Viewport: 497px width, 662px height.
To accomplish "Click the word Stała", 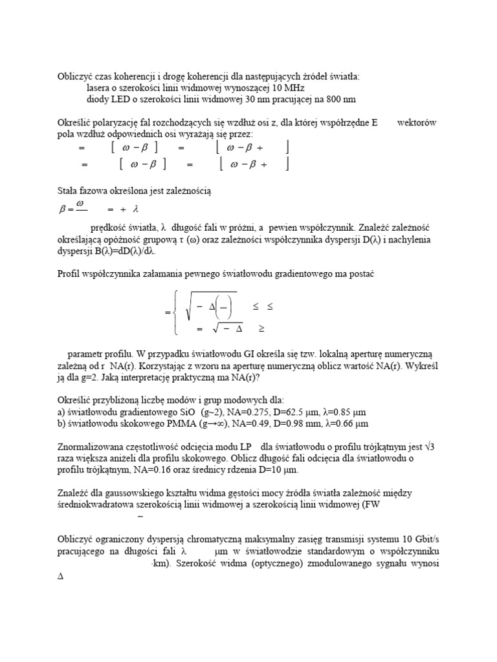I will (70, 191).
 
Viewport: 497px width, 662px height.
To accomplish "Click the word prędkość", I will (109, 228).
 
